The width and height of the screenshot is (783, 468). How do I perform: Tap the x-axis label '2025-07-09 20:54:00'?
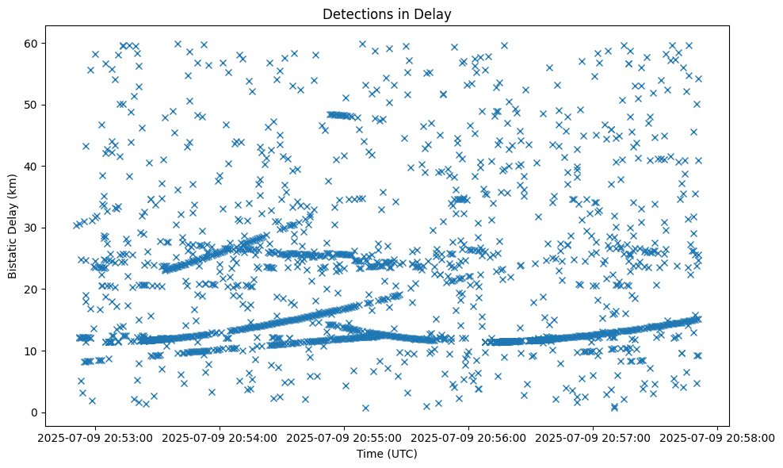221,437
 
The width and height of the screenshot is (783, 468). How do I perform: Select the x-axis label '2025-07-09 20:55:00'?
345,437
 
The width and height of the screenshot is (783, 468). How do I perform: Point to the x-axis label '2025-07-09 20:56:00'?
469,437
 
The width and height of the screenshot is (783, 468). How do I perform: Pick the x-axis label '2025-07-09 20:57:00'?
594,437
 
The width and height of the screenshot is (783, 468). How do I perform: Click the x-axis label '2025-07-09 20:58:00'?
718,437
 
